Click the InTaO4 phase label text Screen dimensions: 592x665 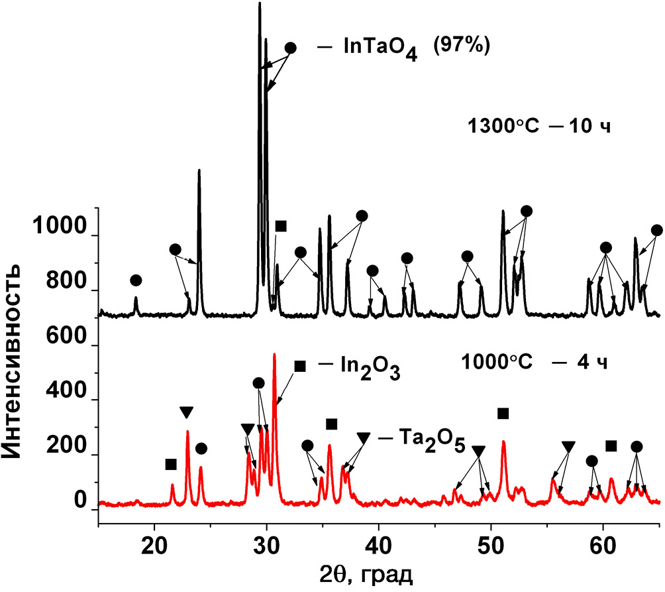380,49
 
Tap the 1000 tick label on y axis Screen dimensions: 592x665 58,237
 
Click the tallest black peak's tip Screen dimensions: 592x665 260,4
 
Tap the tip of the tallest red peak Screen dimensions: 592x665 274,355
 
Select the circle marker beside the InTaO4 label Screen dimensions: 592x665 290,48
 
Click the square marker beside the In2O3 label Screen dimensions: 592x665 299,366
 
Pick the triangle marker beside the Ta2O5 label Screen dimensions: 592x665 363,438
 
